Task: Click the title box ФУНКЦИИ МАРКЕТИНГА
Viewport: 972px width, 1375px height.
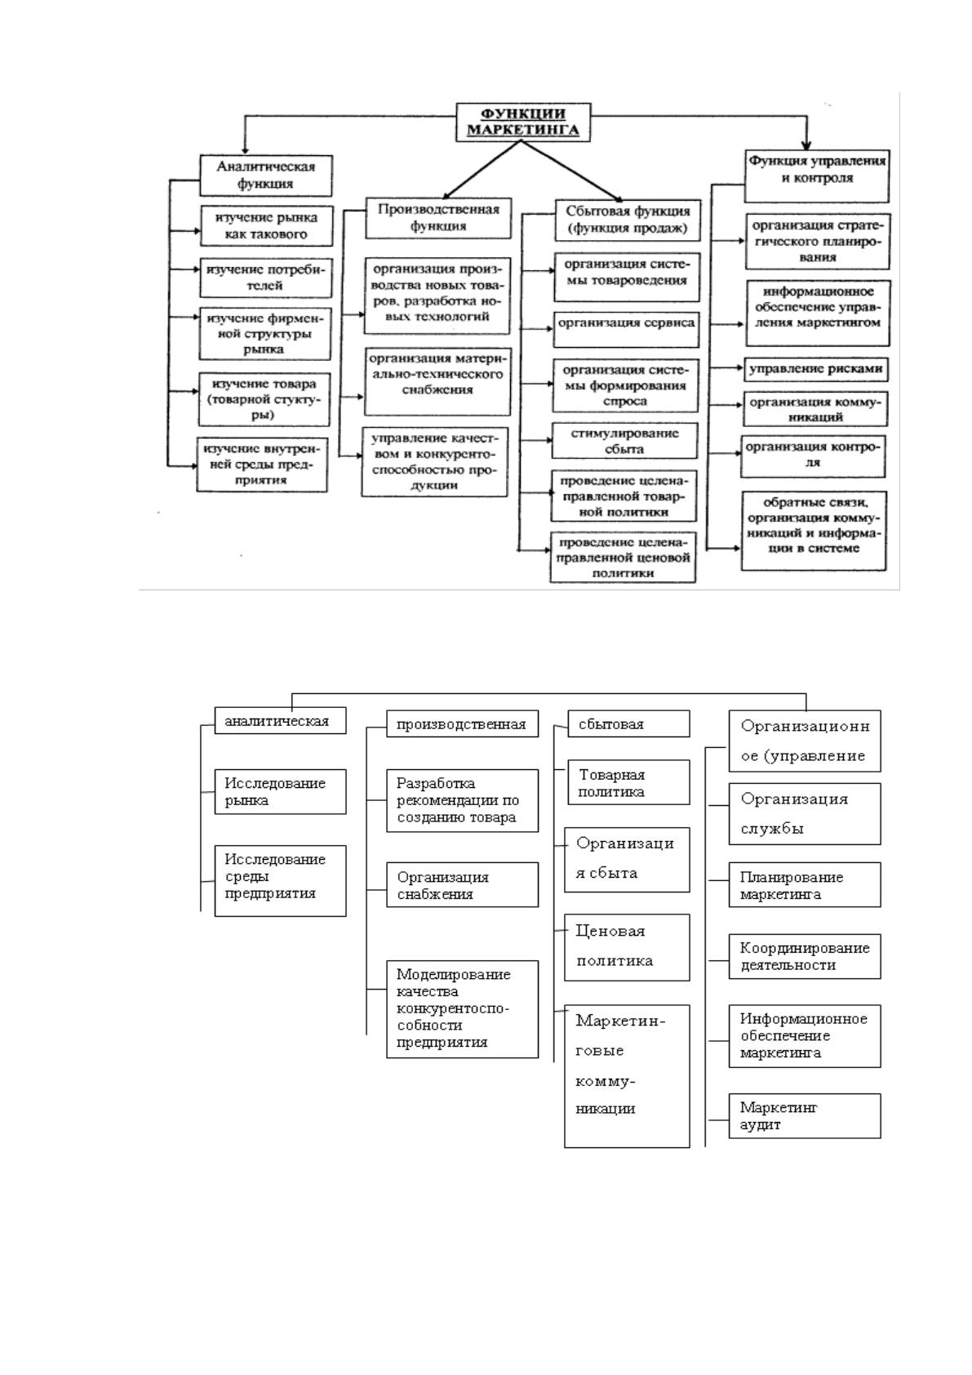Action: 523,122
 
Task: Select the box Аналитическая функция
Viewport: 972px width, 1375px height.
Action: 266,176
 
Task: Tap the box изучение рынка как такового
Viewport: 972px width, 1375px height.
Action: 266,226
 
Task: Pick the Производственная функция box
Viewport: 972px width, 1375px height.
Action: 438,218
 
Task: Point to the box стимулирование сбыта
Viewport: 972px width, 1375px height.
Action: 624,441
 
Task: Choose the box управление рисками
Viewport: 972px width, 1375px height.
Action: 815,369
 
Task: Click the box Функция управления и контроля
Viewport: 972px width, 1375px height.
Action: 817,176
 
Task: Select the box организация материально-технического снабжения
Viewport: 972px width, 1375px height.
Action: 437,382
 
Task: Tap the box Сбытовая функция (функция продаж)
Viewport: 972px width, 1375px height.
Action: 627,220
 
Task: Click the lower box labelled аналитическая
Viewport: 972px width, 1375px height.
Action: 281,721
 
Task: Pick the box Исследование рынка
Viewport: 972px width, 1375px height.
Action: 281,792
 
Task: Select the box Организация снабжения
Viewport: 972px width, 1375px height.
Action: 462,884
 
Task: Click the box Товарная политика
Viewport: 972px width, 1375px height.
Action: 628,782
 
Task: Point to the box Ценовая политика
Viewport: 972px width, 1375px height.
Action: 627,947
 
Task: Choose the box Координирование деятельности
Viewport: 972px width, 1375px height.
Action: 805,956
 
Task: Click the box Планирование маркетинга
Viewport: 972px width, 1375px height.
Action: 805,884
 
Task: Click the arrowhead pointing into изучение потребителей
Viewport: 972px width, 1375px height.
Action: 197,269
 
